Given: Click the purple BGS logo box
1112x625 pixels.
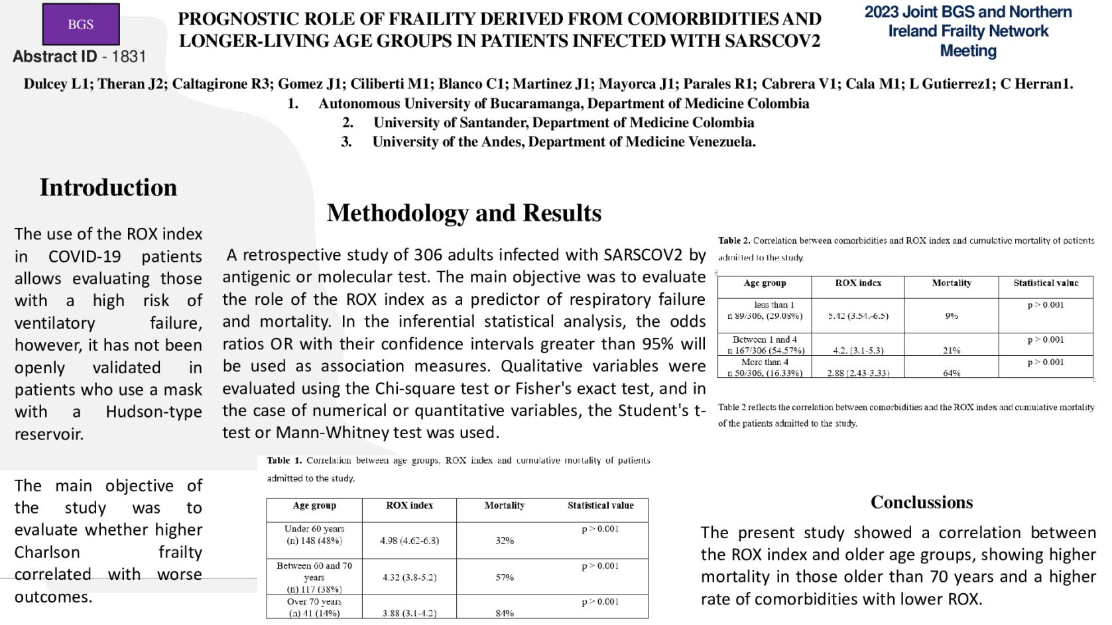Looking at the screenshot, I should click(x=81, y=25).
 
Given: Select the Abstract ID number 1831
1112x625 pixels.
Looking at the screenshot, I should click(x=129, y=57).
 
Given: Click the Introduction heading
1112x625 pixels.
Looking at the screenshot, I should click(x=108, y=188).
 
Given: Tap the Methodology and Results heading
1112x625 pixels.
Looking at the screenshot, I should click(x=464, y=213).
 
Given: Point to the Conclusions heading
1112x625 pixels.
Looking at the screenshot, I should click(x=922, y=502).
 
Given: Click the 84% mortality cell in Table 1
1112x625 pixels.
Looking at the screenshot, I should click(x=505, y=613).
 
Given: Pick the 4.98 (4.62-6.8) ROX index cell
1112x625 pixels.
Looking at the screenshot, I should click(x=409, y=541).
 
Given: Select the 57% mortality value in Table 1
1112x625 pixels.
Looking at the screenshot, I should click(x=505, y=577).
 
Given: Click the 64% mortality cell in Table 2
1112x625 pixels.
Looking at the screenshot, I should click(x=952, y=373).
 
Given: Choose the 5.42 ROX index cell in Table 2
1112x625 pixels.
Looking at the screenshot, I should click(x=858, y=316).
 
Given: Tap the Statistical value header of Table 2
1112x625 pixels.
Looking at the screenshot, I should click(x=1046, y=283).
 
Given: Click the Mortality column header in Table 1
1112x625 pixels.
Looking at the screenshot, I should click(x=504, y=506).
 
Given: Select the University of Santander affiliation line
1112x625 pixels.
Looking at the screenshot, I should click(x=563, y=123).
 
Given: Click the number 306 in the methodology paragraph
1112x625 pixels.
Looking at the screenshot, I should click(x=428, y=255).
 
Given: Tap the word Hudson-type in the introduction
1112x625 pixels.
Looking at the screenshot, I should click(x=154, y=412).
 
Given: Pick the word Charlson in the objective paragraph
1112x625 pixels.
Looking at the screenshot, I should click(x=47, y=552).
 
